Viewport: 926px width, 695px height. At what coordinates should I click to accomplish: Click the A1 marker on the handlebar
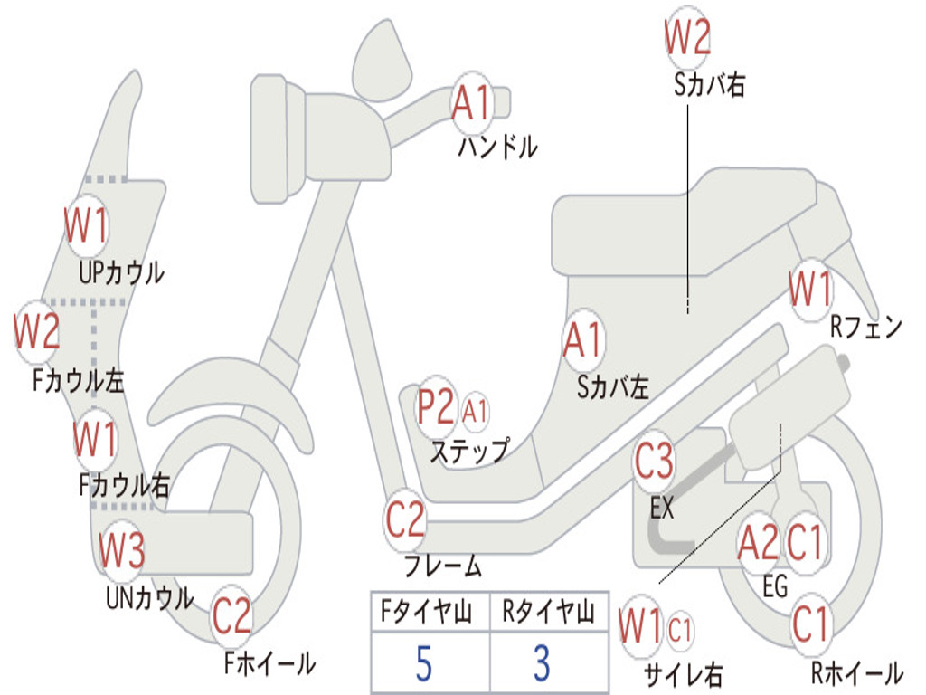[x=471, y=101]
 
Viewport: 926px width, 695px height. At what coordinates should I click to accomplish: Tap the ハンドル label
[x=497, y=147]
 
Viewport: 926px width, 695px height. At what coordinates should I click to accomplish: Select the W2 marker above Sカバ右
[x=687, y=38]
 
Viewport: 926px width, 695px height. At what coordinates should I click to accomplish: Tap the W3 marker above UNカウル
[x=121, y=550]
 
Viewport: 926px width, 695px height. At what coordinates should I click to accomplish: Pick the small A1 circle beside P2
[x=475, y=412]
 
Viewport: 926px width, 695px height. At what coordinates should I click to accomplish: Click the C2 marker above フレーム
[x=404, y=520]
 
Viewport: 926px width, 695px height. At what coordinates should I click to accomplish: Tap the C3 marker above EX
[x=654, y=462]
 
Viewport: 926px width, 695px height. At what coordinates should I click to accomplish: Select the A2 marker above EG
[x=758, y=542]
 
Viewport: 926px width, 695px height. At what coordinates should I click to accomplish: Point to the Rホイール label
[x=855, y=673]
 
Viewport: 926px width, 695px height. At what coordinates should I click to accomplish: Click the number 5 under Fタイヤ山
[x=424, y=663]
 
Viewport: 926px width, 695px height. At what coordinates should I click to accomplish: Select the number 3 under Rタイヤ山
[x=542, y=663]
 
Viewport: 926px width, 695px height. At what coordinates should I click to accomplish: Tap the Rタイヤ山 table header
[x=548, y=614]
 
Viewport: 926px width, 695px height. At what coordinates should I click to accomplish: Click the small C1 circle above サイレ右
[x=680, y=628]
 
